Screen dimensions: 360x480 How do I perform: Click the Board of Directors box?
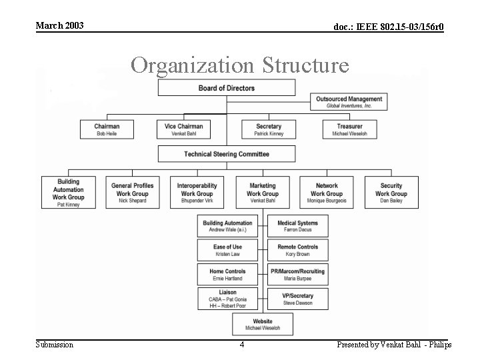[x=226, y=88]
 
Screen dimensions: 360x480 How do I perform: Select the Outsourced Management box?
[x=349, y=102]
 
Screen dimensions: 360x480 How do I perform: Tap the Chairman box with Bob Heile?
[x=107, y=129]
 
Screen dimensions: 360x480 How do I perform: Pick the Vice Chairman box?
[x=183, y=129]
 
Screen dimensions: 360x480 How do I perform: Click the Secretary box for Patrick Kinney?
[x=268, y=129]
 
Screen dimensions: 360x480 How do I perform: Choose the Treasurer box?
[x=349, y=129]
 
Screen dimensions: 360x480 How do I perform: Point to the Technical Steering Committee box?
[x=226, y=154]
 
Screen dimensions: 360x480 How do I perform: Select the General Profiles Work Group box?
[x=132, y=193]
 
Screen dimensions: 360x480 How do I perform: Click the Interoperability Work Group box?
[x=197, y=193]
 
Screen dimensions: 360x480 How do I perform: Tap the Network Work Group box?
[x=327, y=193]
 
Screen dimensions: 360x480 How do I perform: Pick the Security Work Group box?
[x=391, y=193]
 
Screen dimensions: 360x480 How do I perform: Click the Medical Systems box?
[x=297, y=226]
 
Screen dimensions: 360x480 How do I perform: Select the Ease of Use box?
[x=227, y=250]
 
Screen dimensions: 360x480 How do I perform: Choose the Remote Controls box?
[x=297, y=250]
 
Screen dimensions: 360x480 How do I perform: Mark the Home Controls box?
[x=227, y=274]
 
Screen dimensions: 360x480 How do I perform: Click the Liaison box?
[x=227, y=299]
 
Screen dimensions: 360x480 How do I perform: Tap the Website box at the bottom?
[x=262, y=325]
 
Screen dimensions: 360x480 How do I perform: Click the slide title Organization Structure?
[x=240, y=65]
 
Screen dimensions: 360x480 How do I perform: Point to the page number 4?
[x=242, y=345]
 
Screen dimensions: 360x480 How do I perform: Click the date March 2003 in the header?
[x=59, y=25]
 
